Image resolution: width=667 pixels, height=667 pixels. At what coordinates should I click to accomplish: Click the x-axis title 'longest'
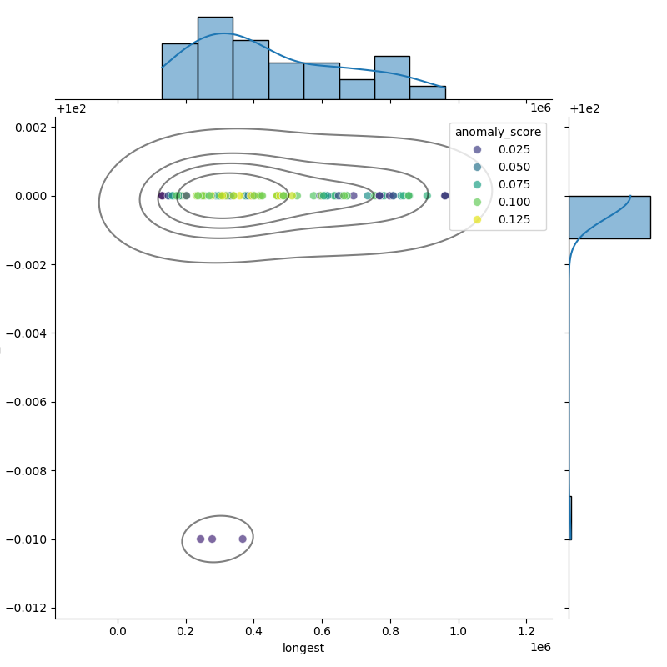coord(303,648)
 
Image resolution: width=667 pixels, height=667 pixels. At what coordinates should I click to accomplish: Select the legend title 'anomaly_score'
coord(497,132)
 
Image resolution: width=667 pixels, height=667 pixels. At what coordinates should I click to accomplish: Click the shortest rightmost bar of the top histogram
coord(427,93)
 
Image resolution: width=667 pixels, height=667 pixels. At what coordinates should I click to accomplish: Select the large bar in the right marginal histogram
coord(609,217)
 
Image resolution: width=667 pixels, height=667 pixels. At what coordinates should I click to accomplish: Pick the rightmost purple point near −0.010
coord(243,539)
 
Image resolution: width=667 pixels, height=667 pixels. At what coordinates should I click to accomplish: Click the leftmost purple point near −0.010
coord(200,539)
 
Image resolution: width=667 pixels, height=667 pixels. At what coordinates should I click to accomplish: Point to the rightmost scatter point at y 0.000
coord(444,196)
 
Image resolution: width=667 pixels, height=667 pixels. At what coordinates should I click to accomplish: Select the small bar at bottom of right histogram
coord(570,518)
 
